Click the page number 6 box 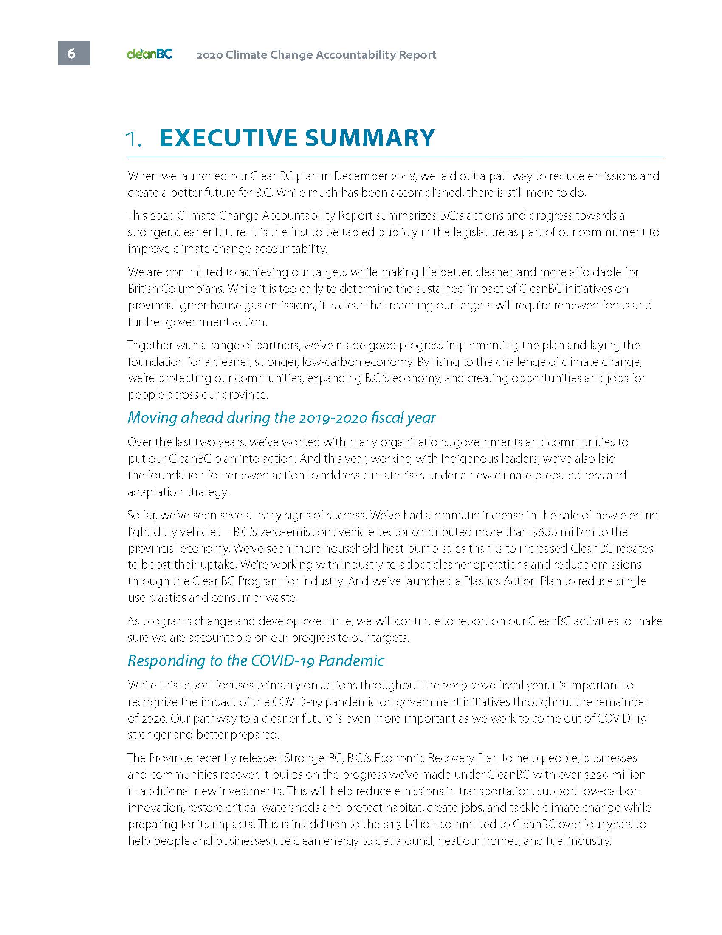pyautogui.click(x=74, y=53)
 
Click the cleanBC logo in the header pyautogui.click(x=149, y=54)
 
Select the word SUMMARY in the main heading pyautogui.click(x=369, y=138)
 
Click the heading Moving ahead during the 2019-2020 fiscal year pyautogui.click(x=282, y=418)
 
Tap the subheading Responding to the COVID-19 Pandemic pyautogui.click(x=256, y=661)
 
